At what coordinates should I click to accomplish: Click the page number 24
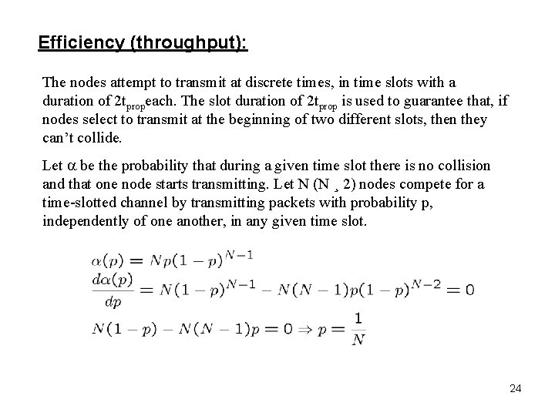[x=515, y=388]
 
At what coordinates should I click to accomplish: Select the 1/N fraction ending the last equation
[x=358, y=328]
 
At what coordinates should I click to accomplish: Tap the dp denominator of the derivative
[x=112, y=301]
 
